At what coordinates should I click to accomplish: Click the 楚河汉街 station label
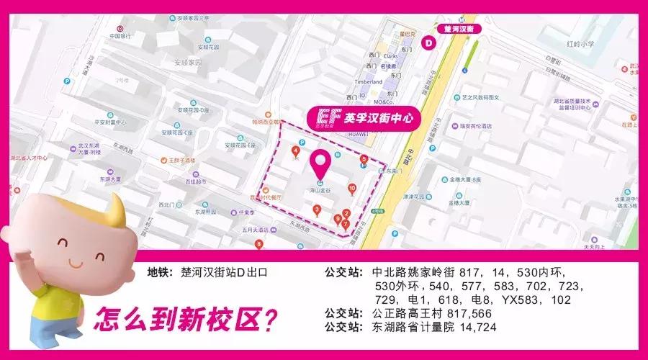[x=459, y=29]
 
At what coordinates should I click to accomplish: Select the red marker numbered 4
[x=296, y=151]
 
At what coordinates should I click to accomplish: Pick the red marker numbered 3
[x=317, y=210]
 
